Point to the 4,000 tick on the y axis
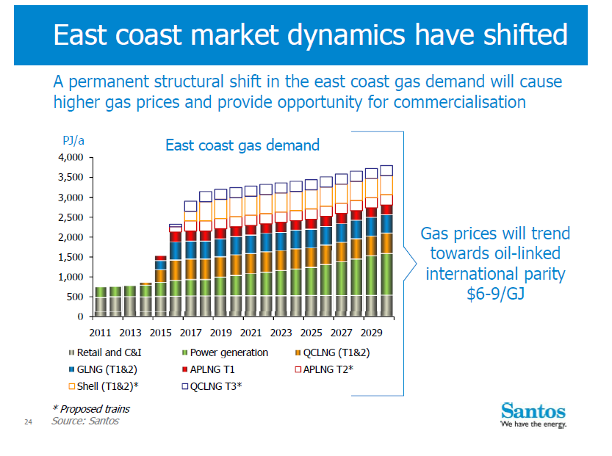click(72, 158)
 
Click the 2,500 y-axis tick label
click(72, 217)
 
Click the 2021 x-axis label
click(251, 332)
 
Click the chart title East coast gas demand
click(242, 145)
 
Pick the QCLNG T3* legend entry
click(216, 386)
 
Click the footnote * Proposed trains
click(91, 408)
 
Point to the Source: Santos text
click(84, 421)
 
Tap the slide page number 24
click(28, 422)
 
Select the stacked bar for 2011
click(101, 302)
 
